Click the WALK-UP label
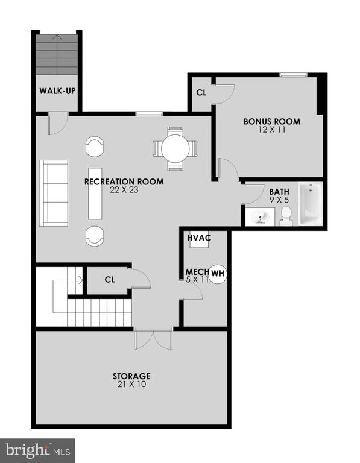click(57, 90)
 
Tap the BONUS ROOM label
click(272, 121)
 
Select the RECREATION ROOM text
click(124, 181)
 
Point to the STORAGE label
click(131, 376)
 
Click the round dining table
click(175, 148)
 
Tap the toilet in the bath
click(286, 216)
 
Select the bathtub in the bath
click(311, 204)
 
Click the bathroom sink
click(260, 217)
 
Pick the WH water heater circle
click(218, 274)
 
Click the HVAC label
click(199, 238)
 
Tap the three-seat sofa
click(54, 193)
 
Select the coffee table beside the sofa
click(95, 194)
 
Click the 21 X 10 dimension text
click(131, 385)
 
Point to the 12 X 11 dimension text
click(272, 130)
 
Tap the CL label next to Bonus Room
click(201, 93)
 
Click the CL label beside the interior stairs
click(110, 280)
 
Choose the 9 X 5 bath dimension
click(279, 200)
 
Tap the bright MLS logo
click(37, 450)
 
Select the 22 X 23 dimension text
click(124, 190)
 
